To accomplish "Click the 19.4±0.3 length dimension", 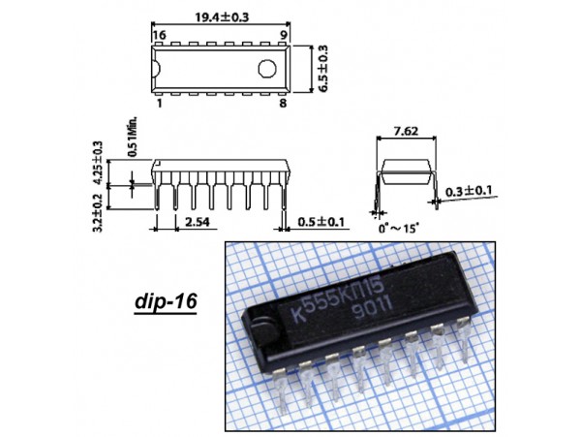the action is pyautogui.click(x=223, y=17).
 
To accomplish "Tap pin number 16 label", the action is pyautogui.click(x=160, y=35).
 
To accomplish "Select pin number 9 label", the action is pyautogui.click(x=284, y=35).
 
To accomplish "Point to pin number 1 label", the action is pyautogui.click(x=160, y=103).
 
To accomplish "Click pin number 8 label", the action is pyautogui.click(x=283, y=103).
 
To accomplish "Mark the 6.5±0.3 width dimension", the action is pyautogui.click(x=323, y=69).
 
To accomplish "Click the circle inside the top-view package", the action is pyautogui.click(x=267, y=69).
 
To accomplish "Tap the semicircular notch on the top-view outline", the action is pyautogui.click(x=156, y=69).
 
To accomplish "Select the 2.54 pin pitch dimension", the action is pyautogui.click(x=198, y=222).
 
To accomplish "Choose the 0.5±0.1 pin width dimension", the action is pyautogui.click(x=321, y=222).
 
